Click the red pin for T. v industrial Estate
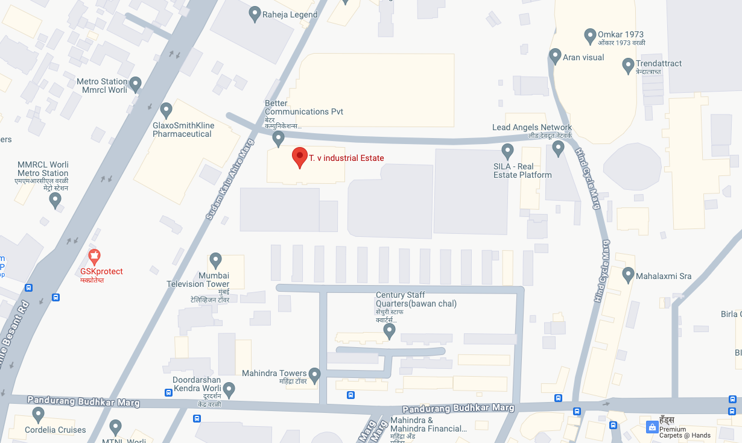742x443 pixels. pyautogui.click(x=300, y=157)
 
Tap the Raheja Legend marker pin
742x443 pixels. pyautogui.click(x=255, y=13)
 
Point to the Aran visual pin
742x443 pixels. pyautogui.click(x=556, y=57)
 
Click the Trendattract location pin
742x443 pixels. pyautogui.click(x=628, y=64)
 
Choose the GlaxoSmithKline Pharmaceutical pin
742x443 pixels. pyautogui.click(x=166, y=110)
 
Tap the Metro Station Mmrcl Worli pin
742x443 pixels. pyautogui.click(x=136, y=84)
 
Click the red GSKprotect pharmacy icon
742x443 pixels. pyautogui.click(x=94, y=257)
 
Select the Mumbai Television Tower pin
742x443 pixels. pyautogui.click(x=215, y=261)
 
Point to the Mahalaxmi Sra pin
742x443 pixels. pyautogui.click(x=628, y=275)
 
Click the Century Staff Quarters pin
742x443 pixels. pyautogui.click(x=390, y=330)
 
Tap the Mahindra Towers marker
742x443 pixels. pyautogui.click(x=314, y=374)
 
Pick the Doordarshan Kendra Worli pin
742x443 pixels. pyautogui.click(x=229, y=390)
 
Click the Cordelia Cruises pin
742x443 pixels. pyautogui.click(x=39, y=415)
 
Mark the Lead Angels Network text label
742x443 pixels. pyautogui.click(x=531, y=127)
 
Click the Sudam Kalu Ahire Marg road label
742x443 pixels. pyautogui.click(x=228, y=178)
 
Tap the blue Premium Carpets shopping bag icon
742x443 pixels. pyautogui.click(x=652, y=427)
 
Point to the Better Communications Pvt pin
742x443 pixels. pyautogui.click(x=278, y=139)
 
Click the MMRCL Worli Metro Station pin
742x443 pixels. pyautogui.click(x=55, y=200)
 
